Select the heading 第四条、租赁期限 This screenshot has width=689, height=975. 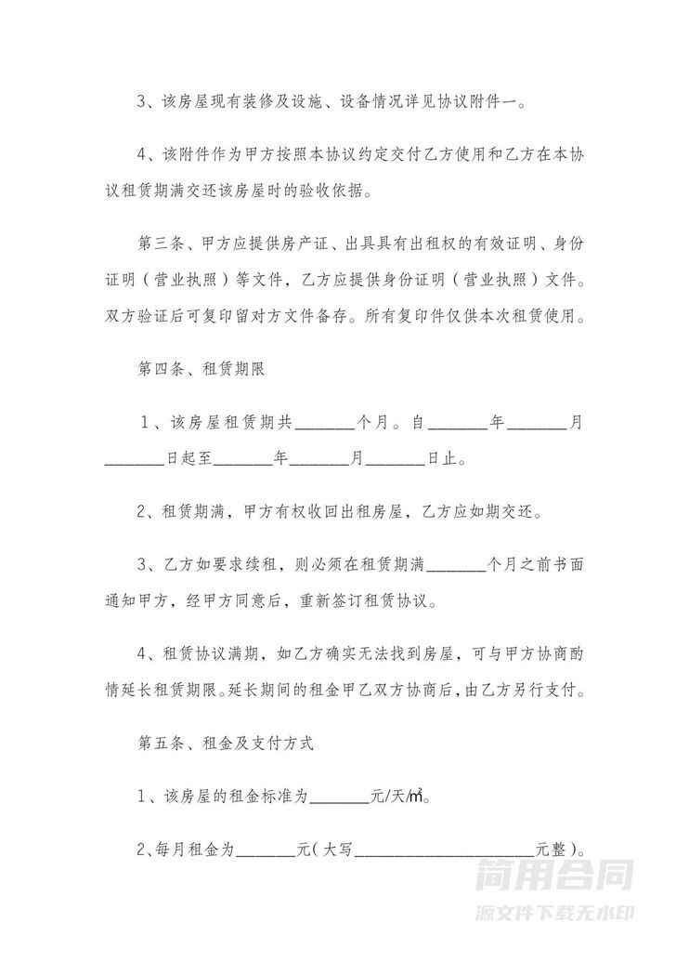coord(201,369)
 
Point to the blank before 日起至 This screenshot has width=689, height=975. coord(134,458)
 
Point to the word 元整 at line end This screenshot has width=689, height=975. coord(553,849)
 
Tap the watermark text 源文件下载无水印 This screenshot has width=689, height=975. coord(554,912)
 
